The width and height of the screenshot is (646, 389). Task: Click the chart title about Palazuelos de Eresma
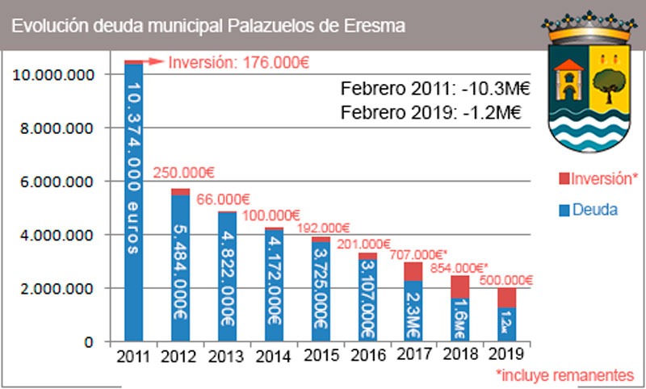pos(208,25)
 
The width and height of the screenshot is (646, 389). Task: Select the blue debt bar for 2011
pos(134,202)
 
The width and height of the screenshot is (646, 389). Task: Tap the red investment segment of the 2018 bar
pos(459,287)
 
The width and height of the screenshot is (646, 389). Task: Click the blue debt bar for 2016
pos(367,300)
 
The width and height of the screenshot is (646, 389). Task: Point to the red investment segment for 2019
pos(505,298)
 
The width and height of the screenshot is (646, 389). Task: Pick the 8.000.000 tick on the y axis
pos(56,128)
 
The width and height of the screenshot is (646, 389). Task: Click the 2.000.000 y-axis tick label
pos(56,288)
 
